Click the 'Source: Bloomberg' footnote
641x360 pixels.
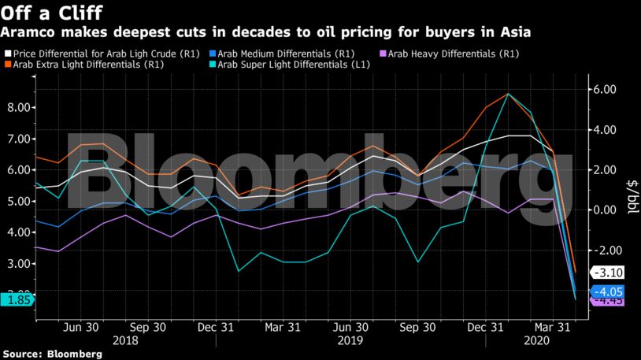click(x=51, y=354)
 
